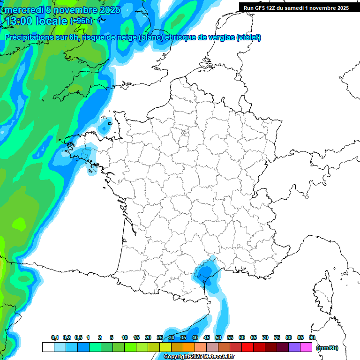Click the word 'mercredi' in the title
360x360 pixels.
[x=24, y=10]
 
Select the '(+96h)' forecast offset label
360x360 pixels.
[x=82, y=21]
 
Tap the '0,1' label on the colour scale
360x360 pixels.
[x=55, y=338]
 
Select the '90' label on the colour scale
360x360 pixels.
[x=312, y=338]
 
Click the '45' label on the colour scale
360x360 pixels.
[x=207, y=338]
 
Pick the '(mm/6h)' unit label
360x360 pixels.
[x=327, y=347]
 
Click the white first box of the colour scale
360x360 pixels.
[x=48, y=347]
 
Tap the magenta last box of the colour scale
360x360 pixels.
[x=306, y=347]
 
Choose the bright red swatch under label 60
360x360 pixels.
[x=247, y=347]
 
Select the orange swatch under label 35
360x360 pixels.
[x=189, y=347]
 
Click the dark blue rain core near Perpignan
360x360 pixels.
[x=204, y=272]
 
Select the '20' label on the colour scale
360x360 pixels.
[x=148, y=338]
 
